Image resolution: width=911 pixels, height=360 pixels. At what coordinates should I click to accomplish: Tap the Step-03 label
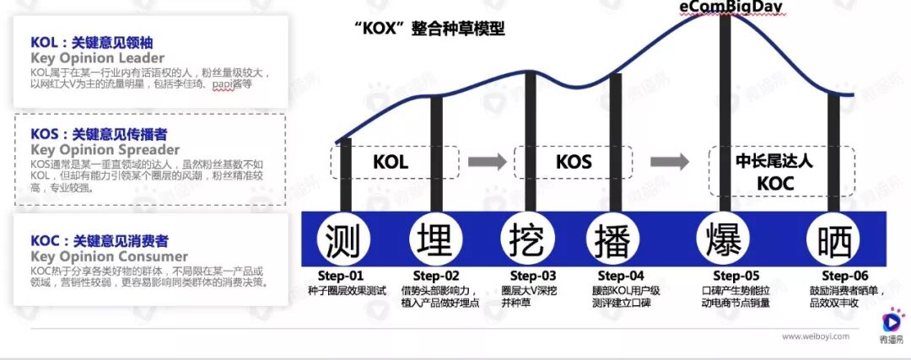(533, 276)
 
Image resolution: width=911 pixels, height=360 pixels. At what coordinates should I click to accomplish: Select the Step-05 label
(736, 276)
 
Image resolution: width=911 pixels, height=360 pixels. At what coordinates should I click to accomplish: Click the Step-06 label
(844, 276)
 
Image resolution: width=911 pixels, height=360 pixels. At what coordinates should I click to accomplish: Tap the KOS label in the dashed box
(574, 162)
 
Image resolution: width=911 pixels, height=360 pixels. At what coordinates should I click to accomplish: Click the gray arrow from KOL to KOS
(487, 162)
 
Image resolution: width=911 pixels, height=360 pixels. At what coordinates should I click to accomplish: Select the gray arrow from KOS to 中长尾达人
(670, 162)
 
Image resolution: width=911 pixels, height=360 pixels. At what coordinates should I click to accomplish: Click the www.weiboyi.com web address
(815, 336)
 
